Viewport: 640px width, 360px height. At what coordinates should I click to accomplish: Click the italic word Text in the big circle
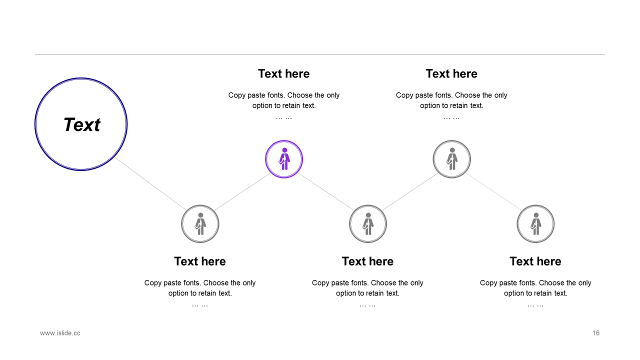(x=81, y=125)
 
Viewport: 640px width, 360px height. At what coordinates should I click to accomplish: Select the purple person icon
(x=284, y=159)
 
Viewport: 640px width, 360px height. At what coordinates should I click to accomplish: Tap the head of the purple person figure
(x=284, y=150)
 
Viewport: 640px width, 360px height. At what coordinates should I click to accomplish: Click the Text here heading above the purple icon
(x=283, y=73)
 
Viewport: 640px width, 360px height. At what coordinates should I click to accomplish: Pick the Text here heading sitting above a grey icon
(x=451, y=73)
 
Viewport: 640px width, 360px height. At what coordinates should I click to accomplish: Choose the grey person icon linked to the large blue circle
(x=200, y=224)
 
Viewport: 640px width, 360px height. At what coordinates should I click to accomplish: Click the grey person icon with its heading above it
(x=451, y=159)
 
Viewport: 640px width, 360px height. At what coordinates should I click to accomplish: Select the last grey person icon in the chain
(x=535, y=224)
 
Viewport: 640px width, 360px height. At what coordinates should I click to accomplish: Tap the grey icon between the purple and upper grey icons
(x=368, y=224)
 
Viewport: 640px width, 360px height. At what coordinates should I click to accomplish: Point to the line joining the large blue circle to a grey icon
(x=150, y=183)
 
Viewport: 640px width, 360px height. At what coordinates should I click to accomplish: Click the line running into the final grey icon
(x=493, y=191)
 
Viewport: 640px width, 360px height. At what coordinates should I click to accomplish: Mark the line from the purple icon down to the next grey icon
(x=326, y=191)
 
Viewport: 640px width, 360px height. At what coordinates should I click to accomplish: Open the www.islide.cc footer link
(x=60, y=333)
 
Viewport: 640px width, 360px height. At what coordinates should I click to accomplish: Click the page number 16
(x=596, y=333)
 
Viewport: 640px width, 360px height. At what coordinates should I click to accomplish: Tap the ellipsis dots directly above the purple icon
(x=283, y=117)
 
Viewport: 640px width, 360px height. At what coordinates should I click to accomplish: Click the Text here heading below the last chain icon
(x=535, y=261)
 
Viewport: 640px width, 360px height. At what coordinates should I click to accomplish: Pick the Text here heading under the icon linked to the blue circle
(x=200, y=261)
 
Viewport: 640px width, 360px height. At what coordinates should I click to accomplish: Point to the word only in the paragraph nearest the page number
(x=584, y=283)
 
